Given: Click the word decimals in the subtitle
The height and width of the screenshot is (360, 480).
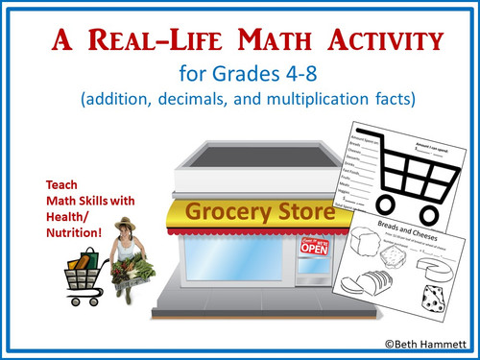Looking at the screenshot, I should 233,98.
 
